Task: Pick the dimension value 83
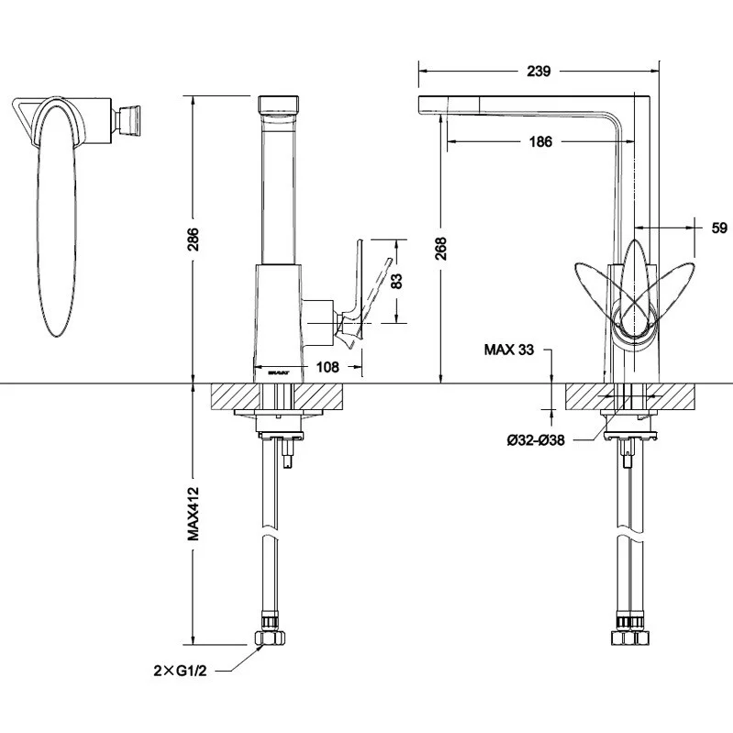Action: [x=396, y=281]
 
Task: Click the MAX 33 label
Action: [x=510, y=350]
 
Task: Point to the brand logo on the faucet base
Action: [x=280, y=372]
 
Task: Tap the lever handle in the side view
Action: [x=350, y=294]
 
